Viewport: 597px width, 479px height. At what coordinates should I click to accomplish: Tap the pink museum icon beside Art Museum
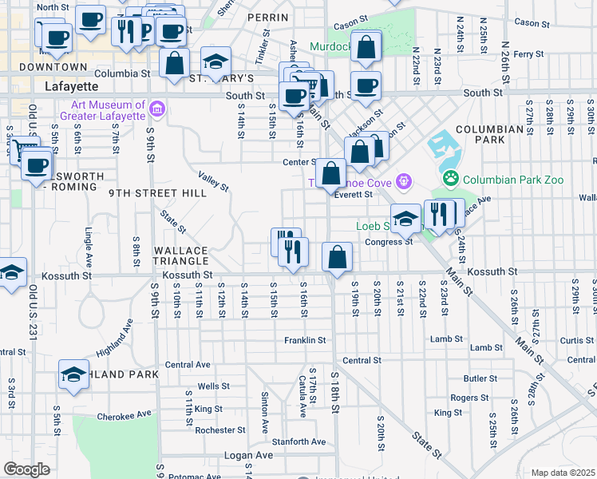tap(157, 109)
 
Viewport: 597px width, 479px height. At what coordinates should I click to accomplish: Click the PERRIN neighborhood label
tap(267, 17)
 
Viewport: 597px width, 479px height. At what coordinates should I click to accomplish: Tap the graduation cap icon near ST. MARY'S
tap(215, 61)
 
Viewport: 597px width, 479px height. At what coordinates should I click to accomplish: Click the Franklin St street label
tap(306, 340)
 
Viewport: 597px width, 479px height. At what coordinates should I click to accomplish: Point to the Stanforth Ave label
tap(298, 441)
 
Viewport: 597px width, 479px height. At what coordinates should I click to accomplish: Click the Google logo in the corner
tap(26, 469)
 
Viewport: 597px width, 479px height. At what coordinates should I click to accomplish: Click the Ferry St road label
tap(528, 54)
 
